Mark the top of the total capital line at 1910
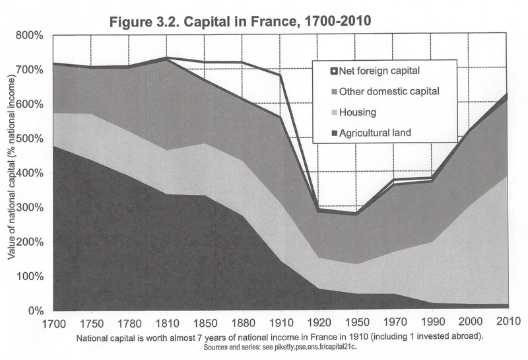coord(280,75)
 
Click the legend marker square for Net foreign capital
coord(333,69)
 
